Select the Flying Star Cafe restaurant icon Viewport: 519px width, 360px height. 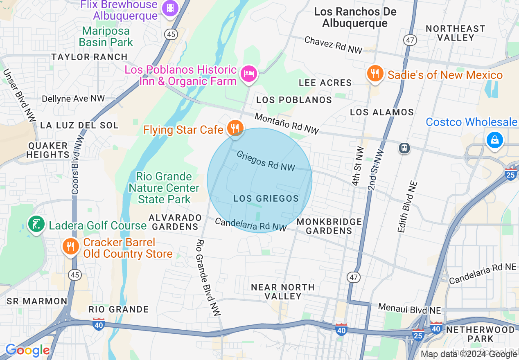click(235, 128)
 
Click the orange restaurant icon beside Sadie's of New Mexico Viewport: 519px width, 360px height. click(375, 74)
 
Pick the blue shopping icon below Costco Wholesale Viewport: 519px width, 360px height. click(494, 140)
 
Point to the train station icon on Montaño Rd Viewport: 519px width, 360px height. click(405, 148)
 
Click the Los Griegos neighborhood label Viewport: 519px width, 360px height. click(266, 198)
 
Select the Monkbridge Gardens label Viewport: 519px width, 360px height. click(329, 226)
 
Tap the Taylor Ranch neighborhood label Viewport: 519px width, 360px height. click(90, 57)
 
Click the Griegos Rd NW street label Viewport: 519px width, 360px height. click(266, 161)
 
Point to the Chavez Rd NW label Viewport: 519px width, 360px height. click(334, 45)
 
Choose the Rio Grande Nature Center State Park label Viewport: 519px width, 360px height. click(164, 188)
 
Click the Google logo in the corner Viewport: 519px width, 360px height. click(27, 351)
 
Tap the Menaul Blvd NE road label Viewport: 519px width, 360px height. click(404, 308)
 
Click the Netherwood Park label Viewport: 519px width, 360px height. click(481, 334)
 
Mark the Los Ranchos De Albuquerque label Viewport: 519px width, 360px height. click(355, 17)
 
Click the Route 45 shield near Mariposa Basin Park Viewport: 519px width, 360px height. click(171, 34)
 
